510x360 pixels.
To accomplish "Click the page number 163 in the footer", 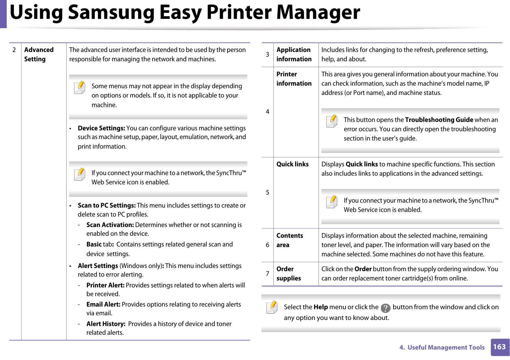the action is [500, 347].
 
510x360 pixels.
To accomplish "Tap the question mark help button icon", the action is [386, 308].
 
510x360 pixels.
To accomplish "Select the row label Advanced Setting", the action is [39, 54].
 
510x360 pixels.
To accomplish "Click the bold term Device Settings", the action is [101, 128].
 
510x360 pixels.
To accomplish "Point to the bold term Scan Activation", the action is [110, 225].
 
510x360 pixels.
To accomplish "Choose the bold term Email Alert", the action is [103, 304].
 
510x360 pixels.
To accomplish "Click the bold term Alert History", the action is [106, 324].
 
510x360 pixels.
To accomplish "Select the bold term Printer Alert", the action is [105, 285].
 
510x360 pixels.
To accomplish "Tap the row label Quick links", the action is [292, 164].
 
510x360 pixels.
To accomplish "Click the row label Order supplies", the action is [288, 273].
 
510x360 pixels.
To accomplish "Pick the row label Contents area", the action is [289, 240].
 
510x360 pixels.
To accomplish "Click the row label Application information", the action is [294, 54].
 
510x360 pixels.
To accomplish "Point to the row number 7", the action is [267, 274].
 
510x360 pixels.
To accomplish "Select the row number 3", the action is [267, 55].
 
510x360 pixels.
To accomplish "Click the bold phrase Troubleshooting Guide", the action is [439, 120].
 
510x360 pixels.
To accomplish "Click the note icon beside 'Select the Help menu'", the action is [272, 307].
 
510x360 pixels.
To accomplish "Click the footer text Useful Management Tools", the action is [446, 348].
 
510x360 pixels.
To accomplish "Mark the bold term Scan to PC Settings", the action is [106, 205].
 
